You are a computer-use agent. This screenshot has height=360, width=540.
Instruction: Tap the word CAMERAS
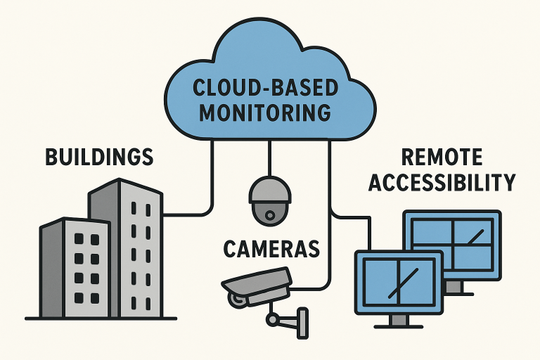(x=271, y=248)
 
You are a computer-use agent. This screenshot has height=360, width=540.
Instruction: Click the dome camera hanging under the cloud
(x=269, y=200)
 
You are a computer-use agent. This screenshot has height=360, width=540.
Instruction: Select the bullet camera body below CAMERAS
(x=256, y=282)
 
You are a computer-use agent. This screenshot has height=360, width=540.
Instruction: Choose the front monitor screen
(x=399, y=280)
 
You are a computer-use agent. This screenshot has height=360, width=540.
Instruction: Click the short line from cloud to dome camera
(x=269, y=157)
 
